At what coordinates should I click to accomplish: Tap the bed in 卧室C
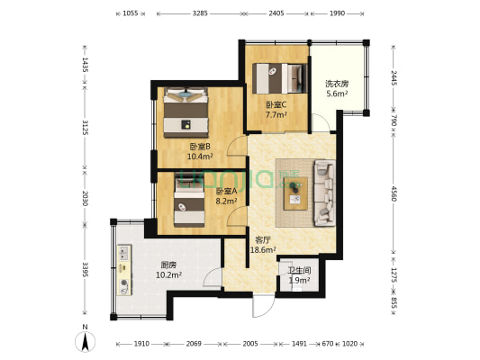tap(276, 78)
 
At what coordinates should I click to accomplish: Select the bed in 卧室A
tap(188, 202)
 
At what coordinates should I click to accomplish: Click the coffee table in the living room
tap(295, 193)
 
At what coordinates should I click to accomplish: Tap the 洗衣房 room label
tap(336, 85)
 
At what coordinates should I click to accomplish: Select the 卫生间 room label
tap(299, 270)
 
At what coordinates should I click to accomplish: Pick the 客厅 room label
tap(264, 240)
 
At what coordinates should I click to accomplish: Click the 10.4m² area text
tap(199, 157)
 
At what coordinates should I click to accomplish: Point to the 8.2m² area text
tap(226, 201)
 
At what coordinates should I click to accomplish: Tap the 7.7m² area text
tap(276, 115)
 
